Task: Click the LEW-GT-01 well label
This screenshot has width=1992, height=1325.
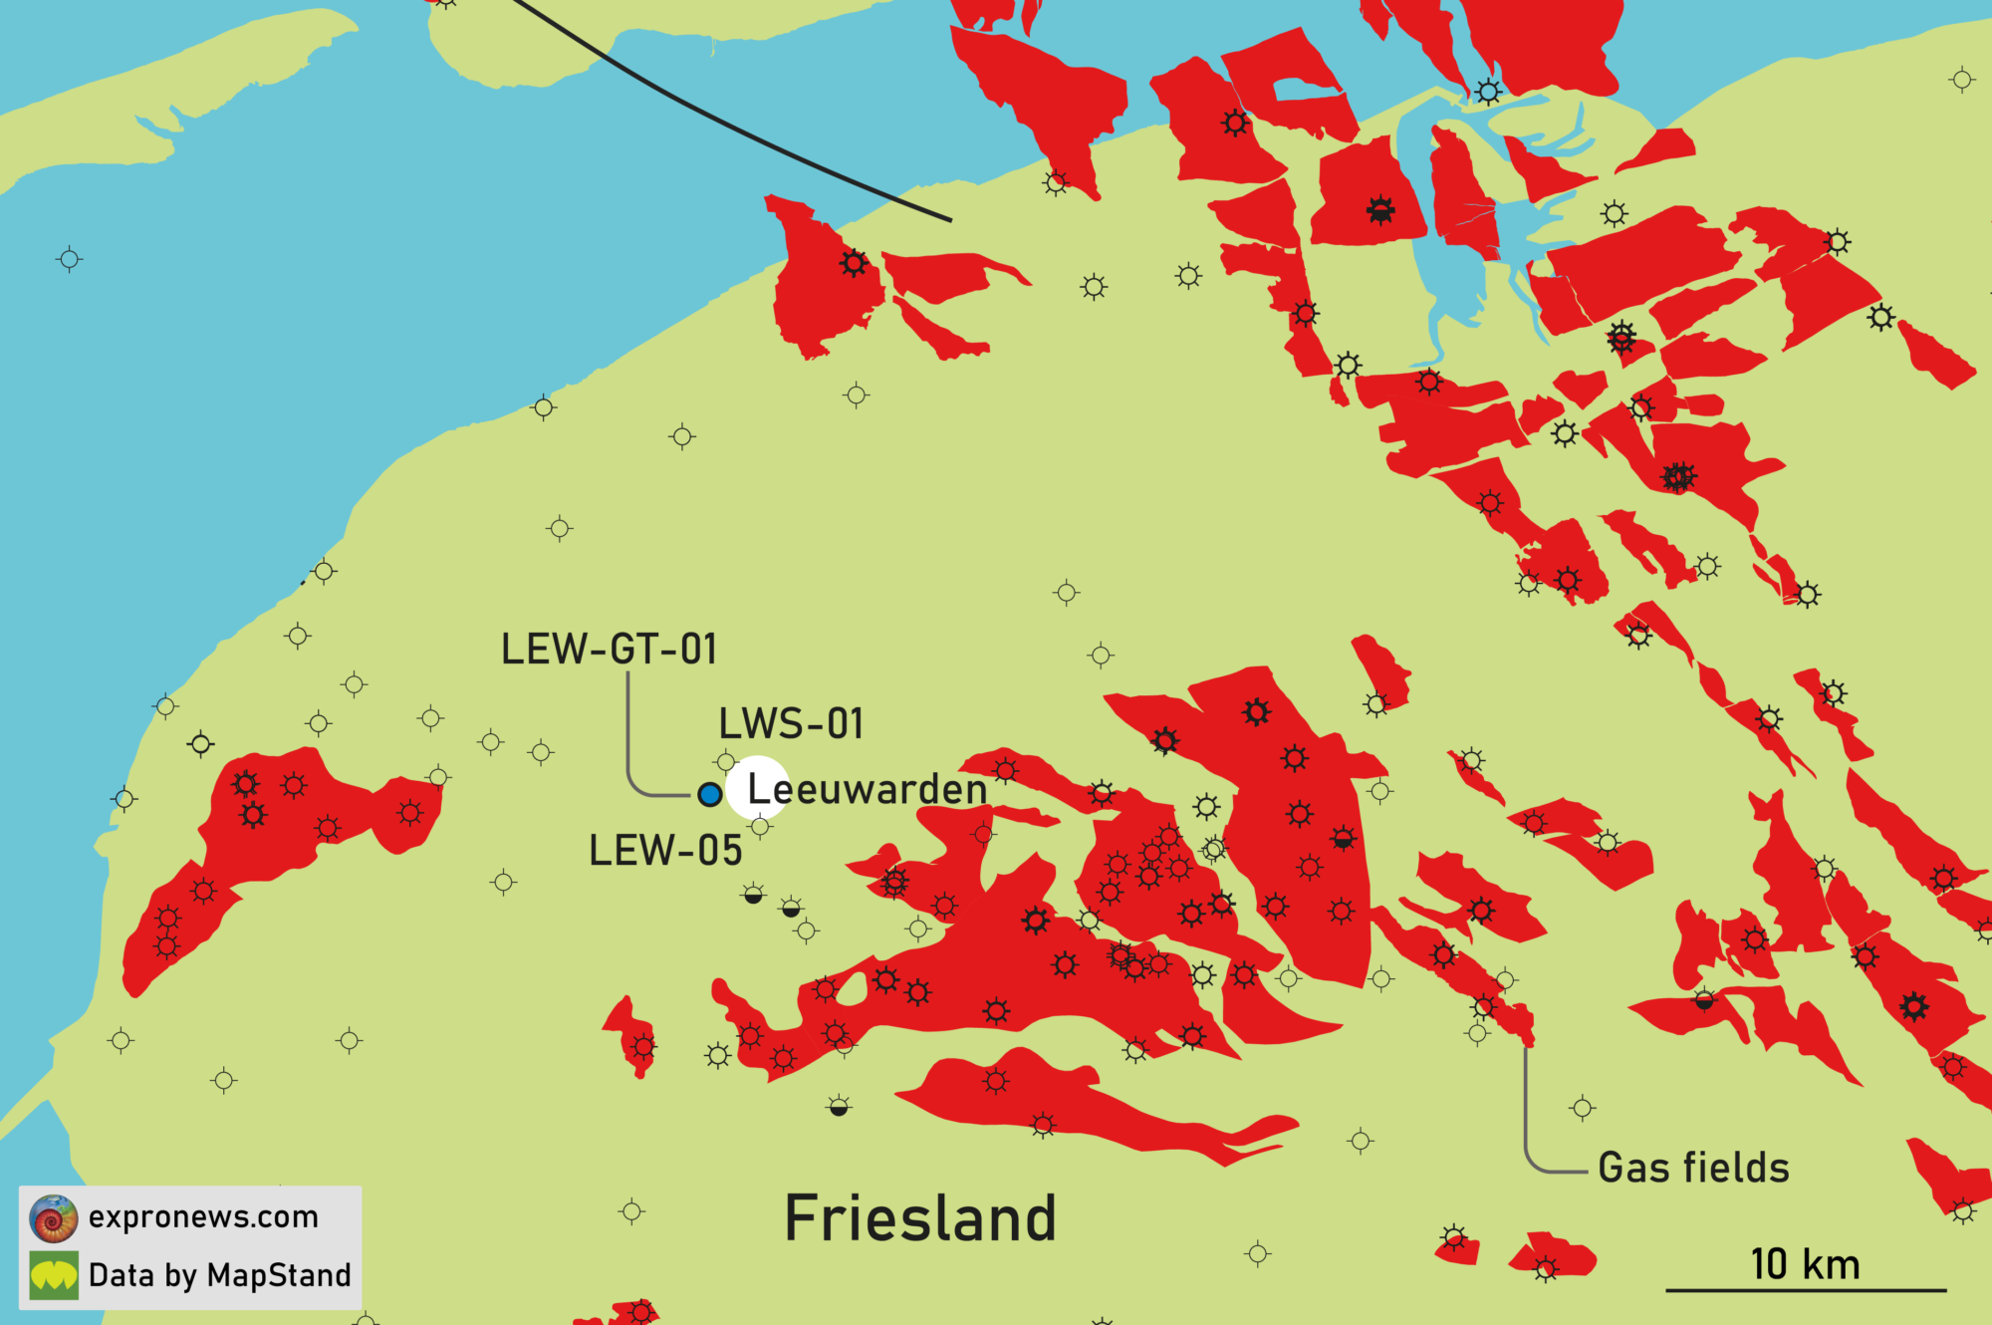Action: [609, 650]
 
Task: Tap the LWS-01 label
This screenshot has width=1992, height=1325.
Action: [791, 724]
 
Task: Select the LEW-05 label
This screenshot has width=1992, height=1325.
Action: [665, 851]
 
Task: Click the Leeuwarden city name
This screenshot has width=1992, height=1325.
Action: [868, 789]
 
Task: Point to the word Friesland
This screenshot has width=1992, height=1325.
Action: [920, 1218]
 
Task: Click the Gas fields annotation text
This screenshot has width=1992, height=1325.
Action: [1693, 1168]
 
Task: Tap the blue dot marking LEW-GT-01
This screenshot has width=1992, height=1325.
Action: [709, 794]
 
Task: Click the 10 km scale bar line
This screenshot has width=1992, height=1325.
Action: [1806, 1290]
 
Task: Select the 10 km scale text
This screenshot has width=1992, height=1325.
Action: [1805, 1264]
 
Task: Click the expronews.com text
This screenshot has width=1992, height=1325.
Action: [203, 1216]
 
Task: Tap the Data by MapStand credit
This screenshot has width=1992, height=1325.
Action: [219, 1275]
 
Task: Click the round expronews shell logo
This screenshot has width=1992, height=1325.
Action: [54, 1218]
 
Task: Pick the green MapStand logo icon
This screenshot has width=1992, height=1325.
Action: [54, 1276]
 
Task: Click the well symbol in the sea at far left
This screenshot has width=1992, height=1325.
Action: [69, 260]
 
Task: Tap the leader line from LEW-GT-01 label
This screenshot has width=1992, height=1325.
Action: [628, 737]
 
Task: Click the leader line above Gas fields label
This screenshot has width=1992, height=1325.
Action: [1525, 1106]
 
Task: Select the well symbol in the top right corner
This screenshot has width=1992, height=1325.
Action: [1962, 80]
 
